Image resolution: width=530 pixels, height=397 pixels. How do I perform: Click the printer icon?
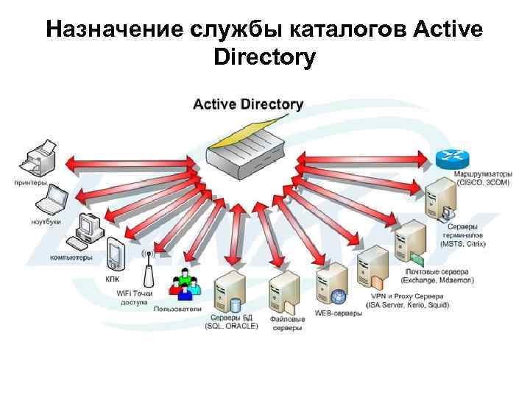coord(37,157)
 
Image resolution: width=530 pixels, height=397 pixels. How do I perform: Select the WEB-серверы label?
coord(339,313)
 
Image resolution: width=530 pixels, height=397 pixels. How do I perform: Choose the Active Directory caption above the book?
coord(247,104)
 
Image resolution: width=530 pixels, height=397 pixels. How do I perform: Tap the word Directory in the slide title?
coord(264,56)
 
